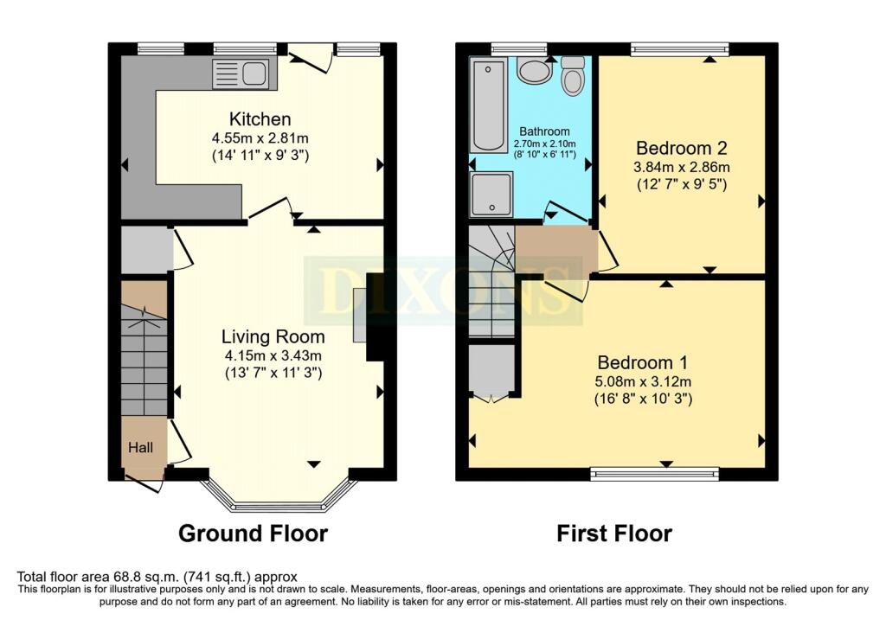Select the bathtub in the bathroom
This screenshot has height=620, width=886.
488,106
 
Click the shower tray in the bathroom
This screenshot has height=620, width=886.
491,195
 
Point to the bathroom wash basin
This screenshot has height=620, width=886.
535,72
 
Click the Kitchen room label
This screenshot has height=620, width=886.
260,119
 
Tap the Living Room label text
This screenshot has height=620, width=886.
273,336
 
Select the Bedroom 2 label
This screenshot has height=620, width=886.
682,148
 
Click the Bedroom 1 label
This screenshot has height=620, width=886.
643,362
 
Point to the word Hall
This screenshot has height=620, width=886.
141,448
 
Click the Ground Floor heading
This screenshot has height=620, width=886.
254,533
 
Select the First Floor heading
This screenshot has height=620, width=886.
615,533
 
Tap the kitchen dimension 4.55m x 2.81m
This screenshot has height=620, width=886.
260,137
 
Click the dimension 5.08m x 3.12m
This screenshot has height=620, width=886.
643,381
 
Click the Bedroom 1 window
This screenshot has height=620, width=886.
654,474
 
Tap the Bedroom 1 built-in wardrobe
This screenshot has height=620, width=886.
491,368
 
